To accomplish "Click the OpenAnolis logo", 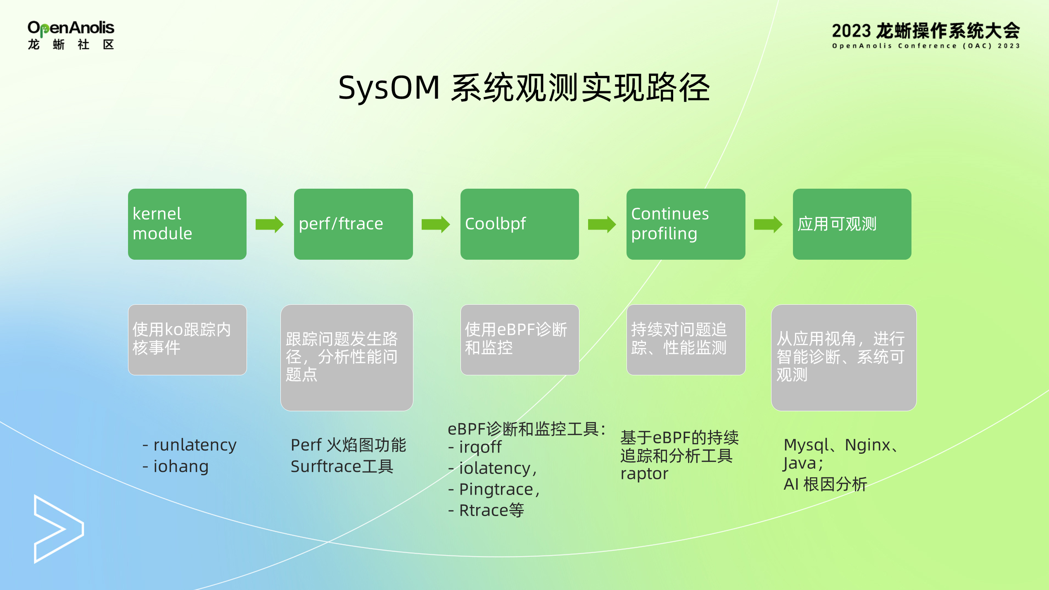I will (x=71, y=35).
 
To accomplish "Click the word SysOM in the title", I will (x=389, y=88).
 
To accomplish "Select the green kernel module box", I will (x=187, y=224).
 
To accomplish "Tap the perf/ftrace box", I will (x=353, y=224).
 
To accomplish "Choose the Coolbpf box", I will (x=519, y=224).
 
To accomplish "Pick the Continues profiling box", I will (x=686, y=224).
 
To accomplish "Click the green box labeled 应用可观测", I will (x=852, y=224).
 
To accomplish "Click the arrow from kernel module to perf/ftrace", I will (x=269, y=225).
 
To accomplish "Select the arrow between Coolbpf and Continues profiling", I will (x=602, y=225).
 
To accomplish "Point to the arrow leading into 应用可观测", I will (x=768, y=225).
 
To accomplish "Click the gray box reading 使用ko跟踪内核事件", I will (x=187, y=340).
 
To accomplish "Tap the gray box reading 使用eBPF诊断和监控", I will (x=519, y=340).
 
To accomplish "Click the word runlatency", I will (x=195, y=445).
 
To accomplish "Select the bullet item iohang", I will (x=180, y=467).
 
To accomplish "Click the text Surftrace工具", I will (x=342, y=467).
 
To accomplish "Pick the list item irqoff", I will (x=480, y=447).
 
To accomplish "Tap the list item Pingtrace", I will (x=496, y=490).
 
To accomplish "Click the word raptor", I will (x=644, y=474).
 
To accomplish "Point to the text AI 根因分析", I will (x=825, y=484).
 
